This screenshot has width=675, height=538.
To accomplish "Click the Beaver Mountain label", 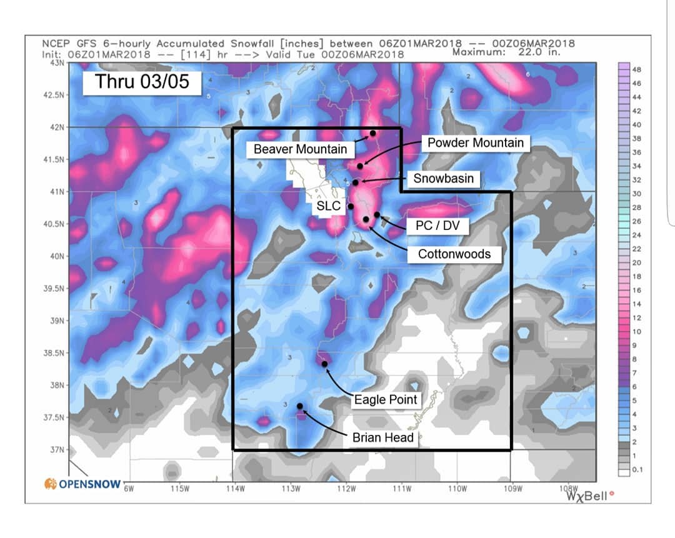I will pyautogui.click(x=300, y=149).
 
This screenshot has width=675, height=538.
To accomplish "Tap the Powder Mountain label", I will pyautogui.click(x=476, y=143).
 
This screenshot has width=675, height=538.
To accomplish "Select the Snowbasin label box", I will pyautogui.click(x=443, y=179).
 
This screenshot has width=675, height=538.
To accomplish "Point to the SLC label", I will pyautogui.click(x=329, y=206).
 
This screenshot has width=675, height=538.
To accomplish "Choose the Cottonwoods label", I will pyautogui.click(x=454, y=254).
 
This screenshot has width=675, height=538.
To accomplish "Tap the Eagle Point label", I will pyautogui.click(x=386, y=399).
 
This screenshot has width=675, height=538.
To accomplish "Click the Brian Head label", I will pyautogui.click(x=383, y=437).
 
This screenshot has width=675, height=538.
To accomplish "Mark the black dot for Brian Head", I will pyautogui.click(x=300, y=406).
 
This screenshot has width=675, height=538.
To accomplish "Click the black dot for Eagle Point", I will pyautogui.click(x=325, y=364).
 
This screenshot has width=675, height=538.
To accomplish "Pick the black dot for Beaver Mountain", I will pyautogui.click(x=373, y=133).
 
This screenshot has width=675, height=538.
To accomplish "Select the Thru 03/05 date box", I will pyautogui.click(x=142, y=82).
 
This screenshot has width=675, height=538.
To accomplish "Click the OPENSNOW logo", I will pyautogui.click(x=82, y=484).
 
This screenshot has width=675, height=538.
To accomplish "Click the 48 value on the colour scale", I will pyautogui.click(x=636, y=69).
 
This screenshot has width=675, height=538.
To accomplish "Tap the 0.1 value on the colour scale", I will pyautogui.click(x=637, y=469).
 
